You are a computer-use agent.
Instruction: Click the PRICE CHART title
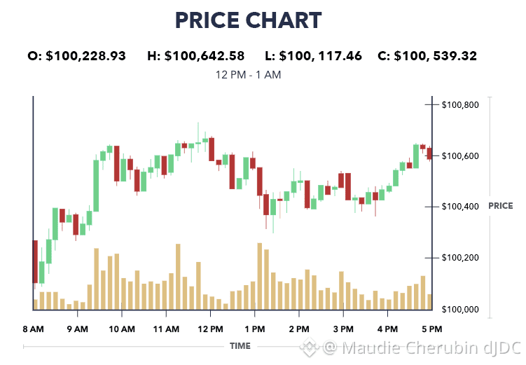(249, 20)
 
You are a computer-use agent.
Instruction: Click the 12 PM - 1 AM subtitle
(249, 74)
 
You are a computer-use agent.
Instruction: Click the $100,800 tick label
(460, 105)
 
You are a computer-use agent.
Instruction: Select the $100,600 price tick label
(460, 156)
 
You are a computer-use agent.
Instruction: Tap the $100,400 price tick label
(460, 207)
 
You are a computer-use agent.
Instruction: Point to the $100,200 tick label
(460, 258)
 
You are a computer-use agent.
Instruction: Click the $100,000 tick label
(460, 309)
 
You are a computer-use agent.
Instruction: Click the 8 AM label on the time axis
(33, 329)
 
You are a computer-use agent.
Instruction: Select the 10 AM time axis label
(122, 329)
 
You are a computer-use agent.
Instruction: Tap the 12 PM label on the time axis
(210, 329)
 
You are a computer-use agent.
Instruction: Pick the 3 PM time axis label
(343, 329)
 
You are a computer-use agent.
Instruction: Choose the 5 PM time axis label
(431, 329)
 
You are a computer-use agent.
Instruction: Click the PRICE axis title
(500, 206)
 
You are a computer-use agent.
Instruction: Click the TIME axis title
(240, 346)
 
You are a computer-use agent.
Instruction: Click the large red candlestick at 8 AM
(34, 261)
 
